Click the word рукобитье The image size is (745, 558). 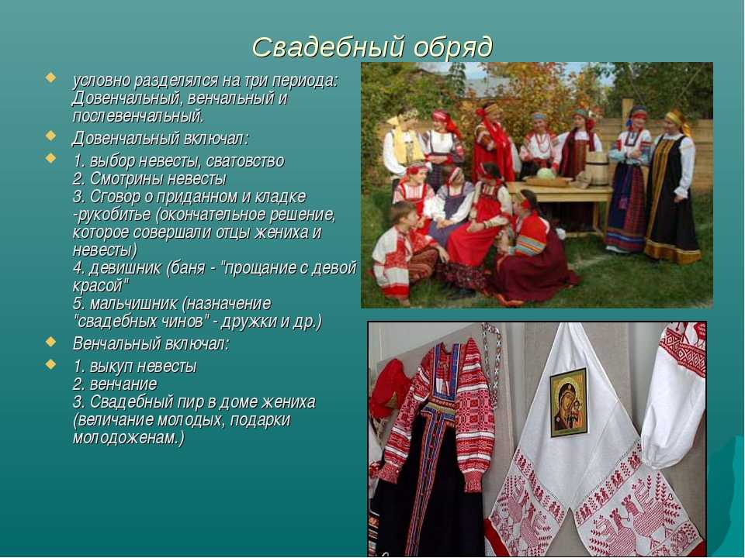coord(113,215)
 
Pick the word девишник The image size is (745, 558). coord(126,269)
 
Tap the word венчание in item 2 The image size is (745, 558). coord(123,384)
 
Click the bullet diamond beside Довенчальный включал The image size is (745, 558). coord(51,135)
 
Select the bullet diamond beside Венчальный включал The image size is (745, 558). coord(51,341)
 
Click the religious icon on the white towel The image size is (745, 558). coord(569,401)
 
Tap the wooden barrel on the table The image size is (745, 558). coord(598,168)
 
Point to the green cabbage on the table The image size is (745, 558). coord(546,173)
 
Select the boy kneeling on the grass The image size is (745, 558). coord(403,250)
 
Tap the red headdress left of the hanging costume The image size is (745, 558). coord(390,389)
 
